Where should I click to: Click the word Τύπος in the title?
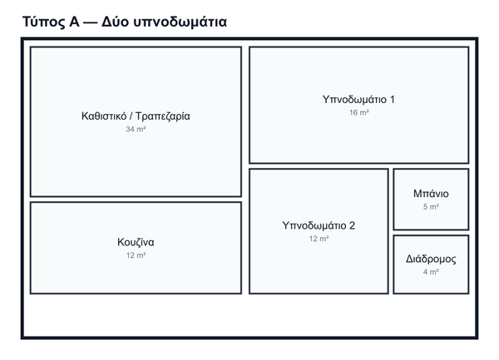(x=43, y=22)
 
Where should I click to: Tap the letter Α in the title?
(x=74, y=22)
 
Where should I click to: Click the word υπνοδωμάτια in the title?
(x=180, y=22)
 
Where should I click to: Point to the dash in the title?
(x=91, y=22)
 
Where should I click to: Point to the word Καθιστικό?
(x=104, y=116)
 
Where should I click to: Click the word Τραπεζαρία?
(x=163, y=116)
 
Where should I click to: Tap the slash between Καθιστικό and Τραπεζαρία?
(x=131, y=116)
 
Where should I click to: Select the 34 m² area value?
(x=136, y=129)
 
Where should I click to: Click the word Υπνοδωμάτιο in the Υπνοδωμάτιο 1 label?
(x=354, y=100)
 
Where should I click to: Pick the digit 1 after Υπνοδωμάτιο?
(x=393, y=100)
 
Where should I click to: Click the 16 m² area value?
(x=359, y=112)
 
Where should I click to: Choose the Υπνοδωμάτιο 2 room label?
(x=319, y=225)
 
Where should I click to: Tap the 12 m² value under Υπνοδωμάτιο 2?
(x=319, y=239)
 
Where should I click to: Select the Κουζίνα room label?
(x=136, y=242)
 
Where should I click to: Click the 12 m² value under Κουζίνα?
(x=136, y=255)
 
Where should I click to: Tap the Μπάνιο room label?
(x=431, y=194)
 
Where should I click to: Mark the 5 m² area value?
(x=431, y=207)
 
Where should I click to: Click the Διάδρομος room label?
(x=431, y=259)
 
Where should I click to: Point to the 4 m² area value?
(x=431, y=272)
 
